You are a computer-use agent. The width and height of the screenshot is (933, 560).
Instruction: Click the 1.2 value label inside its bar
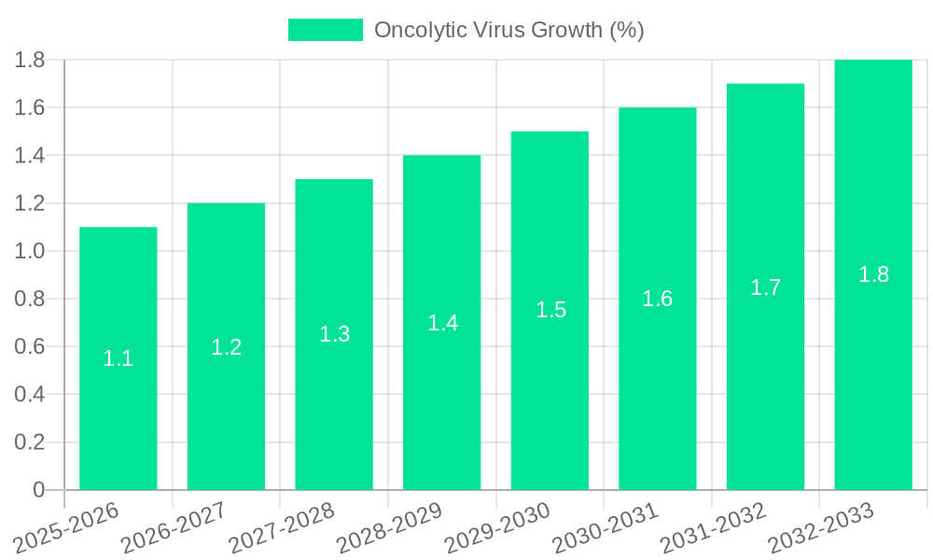click(227, 347)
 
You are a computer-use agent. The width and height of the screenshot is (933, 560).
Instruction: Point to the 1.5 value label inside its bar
click(550, 310)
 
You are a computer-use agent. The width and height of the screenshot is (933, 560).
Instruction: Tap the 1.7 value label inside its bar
click(766, 287)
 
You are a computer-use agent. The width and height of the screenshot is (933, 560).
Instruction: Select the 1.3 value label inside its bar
click(334, 334)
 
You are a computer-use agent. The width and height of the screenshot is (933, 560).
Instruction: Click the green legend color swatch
click(325, 30)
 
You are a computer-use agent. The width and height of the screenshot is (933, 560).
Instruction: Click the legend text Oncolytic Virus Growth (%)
click(509, 30)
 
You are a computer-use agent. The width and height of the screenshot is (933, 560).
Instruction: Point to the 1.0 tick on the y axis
click(30, 251)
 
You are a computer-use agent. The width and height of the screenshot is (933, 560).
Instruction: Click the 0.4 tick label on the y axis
click(30, 395)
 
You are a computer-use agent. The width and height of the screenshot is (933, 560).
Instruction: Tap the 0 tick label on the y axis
click(38, 490)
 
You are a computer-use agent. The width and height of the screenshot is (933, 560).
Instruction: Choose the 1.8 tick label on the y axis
click(30, 60)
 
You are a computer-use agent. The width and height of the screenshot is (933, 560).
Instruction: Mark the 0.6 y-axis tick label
click(30, 347)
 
